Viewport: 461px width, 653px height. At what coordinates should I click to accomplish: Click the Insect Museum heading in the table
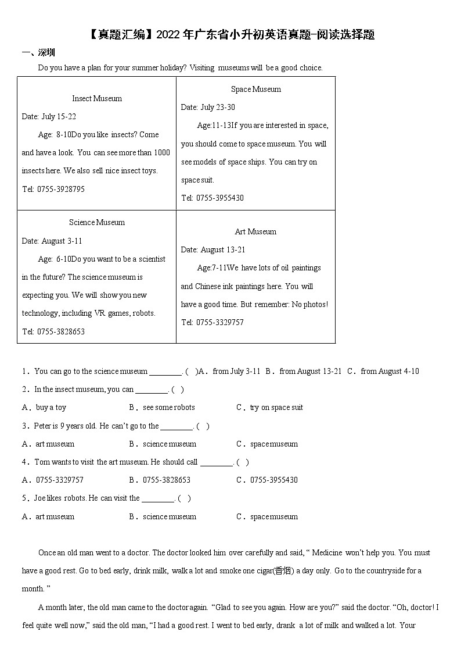point(97,98)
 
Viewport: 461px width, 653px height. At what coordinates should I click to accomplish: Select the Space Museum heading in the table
point(255,89)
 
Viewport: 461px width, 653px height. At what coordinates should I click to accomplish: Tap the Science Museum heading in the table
point(97,222)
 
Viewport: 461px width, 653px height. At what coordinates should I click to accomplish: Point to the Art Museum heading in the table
point(255,231)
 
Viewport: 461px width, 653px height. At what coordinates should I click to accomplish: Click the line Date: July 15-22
point(49,116)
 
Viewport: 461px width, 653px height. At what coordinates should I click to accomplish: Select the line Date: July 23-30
point(208,107)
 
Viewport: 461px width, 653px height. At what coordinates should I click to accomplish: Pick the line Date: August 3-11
point(52,241)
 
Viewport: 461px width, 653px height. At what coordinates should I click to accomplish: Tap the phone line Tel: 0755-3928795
point(53,189)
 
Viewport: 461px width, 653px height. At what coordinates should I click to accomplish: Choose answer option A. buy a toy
point(45,408)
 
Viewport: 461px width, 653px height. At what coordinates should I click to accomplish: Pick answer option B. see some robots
point(163,408)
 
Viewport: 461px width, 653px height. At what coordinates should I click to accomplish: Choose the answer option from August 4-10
point(390,371)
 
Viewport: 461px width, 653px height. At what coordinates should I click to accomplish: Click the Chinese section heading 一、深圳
point(38,52)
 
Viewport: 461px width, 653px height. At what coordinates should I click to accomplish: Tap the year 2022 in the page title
point(168,35)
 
